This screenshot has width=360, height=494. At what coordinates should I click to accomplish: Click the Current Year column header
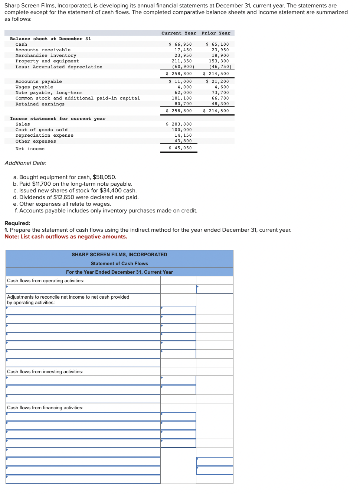(x=179, y=33)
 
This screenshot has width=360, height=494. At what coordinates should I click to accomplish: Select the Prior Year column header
(x=216, y=33)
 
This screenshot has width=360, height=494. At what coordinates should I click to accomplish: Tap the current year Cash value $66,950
(x=180, y=44)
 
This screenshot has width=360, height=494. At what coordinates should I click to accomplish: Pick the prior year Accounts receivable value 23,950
(x=220, y=50)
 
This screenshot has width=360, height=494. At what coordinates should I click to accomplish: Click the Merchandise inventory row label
(x=46, y=55)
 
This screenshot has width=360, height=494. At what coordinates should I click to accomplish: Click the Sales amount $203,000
(x=179, y=124)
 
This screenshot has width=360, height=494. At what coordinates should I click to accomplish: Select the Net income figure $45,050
(x=180, y=148)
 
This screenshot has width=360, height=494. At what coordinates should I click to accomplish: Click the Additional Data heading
(x=25, y=163)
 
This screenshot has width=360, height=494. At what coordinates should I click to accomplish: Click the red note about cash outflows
(x=66, y=237)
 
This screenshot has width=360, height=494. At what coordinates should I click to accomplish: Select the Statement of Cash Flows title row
(x=119, y=263)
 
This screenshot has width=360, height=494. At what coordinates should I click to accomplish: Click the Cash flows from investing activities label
(x=45, y=371)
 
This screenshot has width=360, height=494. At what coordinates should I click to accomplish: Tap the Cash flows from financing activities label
(x=45, y=407)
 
